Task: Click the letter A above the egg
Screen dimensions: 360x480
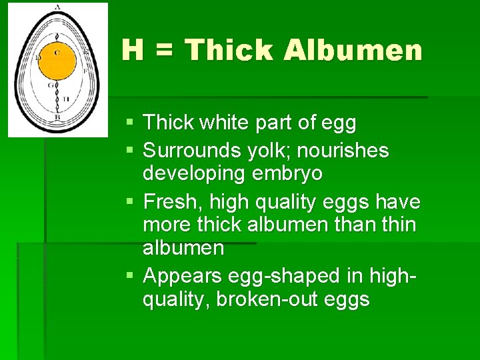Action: tap(57, 7)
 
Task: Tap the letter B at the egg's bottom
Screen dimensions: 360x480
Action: tap(57, 117)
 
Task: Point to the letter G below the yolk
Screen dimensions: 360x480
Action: tap(50, 85)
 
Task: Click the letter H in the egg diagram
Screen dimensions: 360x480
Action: tap(66, 99)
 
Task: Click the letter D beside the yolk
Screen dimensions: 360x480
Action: tap(38, 58)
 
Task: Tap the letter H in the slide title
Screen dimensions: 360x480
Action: tap(133, 50)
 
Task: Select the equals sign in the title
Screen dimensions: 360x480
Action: tap(164, 51)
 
